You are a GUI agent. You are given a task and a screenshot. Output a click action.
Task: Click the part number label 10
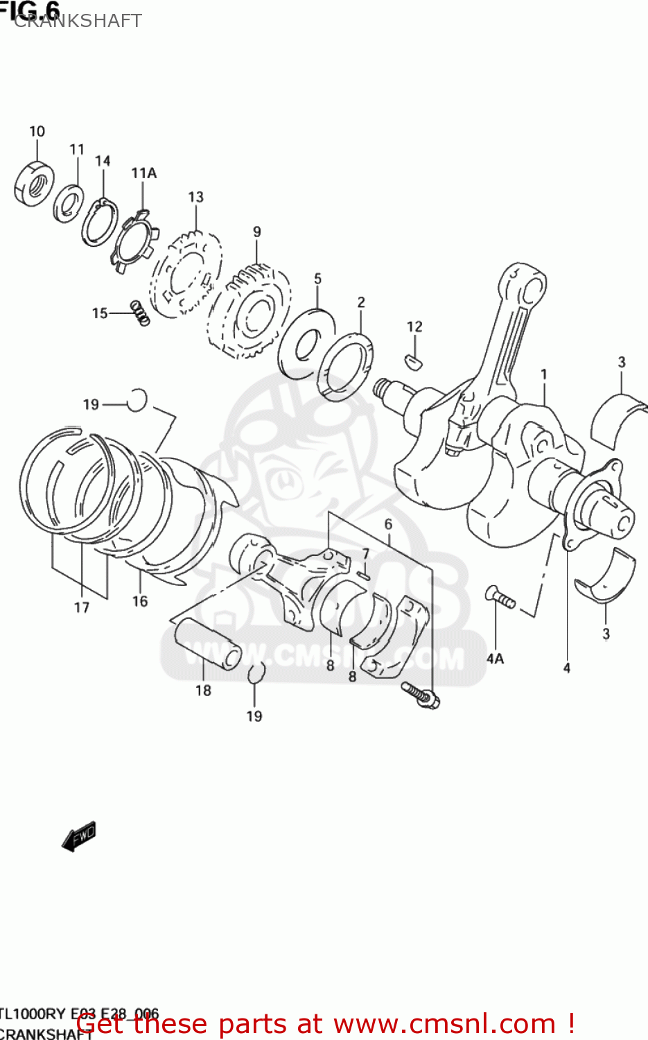click(x=37, y=131)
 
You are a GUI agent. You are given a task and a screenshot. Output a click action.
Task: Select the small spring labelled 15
click(x=141, y=313)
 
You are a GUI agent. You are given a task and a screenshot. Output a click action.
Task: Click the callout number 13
click(x=195, y=198)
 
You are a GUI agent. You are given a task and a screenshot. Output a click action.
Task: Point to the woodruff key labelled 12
click(x=414, y=359)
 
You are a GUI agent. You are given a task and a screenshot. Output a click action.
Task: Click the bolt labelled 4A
click(x=500, y=598)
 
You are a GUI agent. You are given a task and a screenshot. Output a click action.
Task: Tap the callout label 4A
click(x=495, y=659)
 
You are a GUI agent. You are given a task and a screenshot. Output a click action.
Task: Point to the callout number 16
click(x=140, y=601)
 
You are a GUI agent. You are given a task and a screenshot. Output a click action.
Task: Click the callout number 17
click(x=82, y=607)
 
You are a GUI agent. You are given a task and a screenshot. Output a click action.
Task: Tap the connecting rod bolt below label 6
click(x=420, y=695)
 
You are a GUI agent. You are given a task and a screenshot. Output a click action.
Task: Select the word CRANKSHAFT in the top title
click(x=78, y=21)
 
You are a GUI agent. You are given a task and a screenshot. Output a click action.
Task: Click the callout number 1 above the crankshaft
click(x=544, y=374)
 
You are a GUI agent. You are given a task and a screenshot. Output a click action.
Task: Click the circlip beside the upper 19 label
click(x=138, y=399)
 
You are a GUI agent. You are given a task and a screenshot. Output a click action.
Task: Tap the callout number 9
click(x=257, y=232)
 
